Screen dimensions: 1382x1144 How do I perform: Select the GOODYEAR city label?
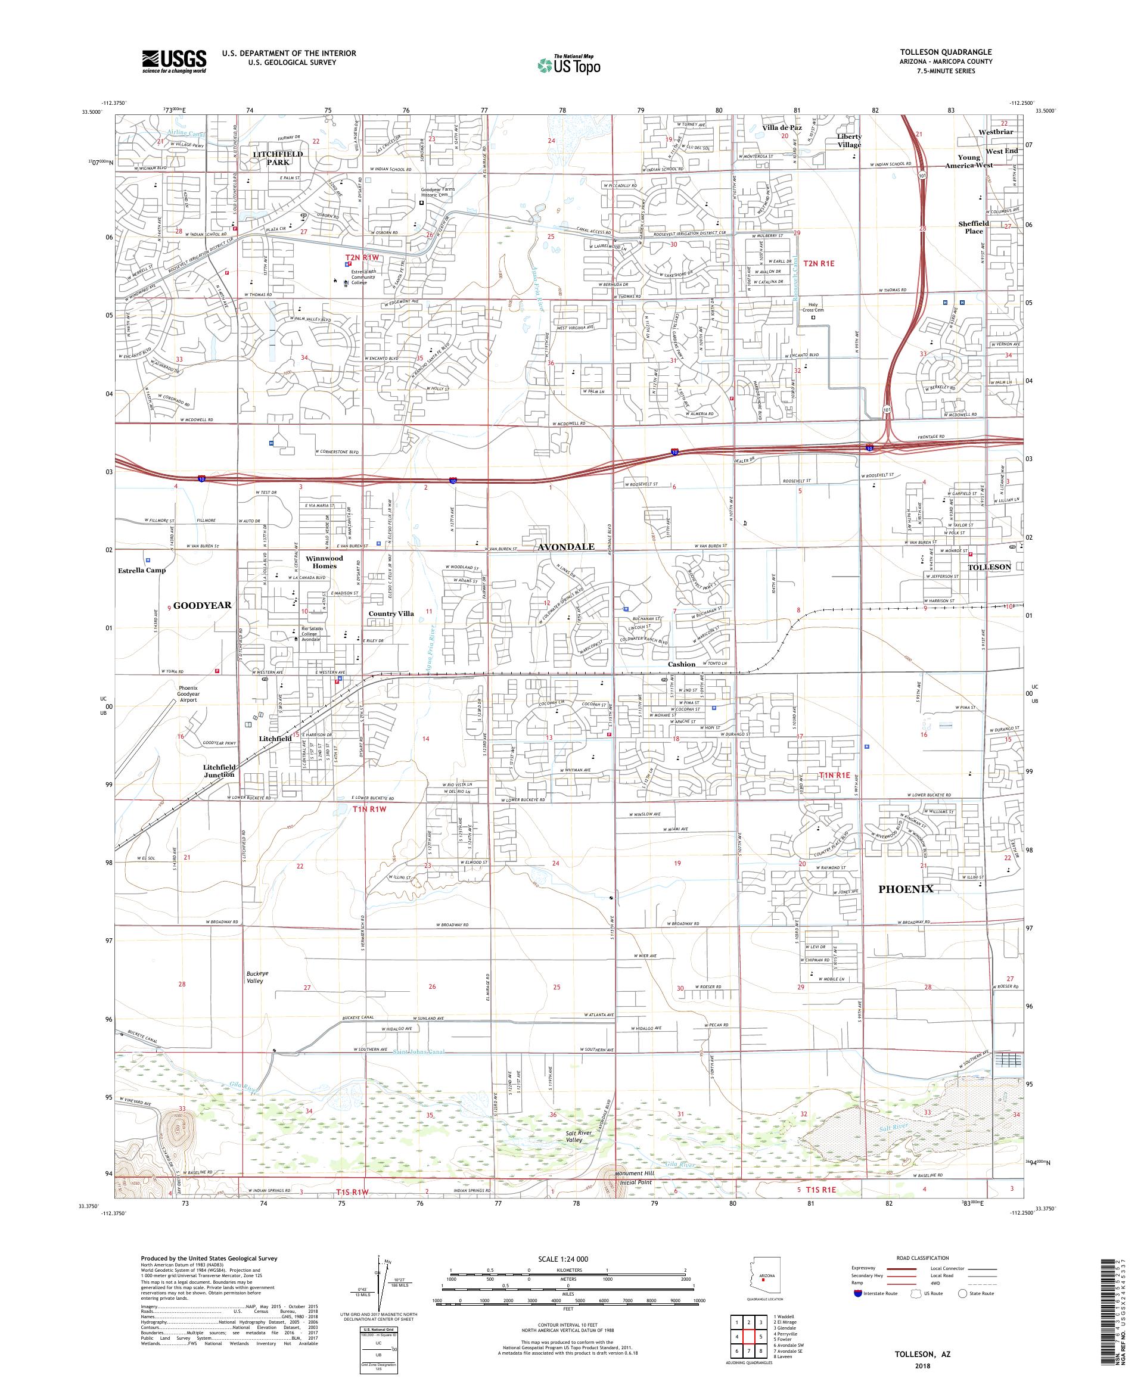click(x=202, y=605)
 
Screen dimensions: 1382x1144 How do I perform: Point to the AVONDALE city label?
click(x=566, y=547)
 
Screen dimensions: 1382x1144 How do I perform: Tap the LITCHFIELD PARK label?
click(x=278, y=158)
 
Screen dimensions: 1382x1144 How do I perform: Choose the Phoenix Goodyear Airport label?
click(x=188, y=695)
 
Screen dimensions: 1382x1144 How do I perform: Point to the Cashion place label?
click(x=681, y=664)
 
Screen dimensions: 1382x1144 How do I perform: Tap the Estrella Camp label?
click(x=142, y=571)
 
